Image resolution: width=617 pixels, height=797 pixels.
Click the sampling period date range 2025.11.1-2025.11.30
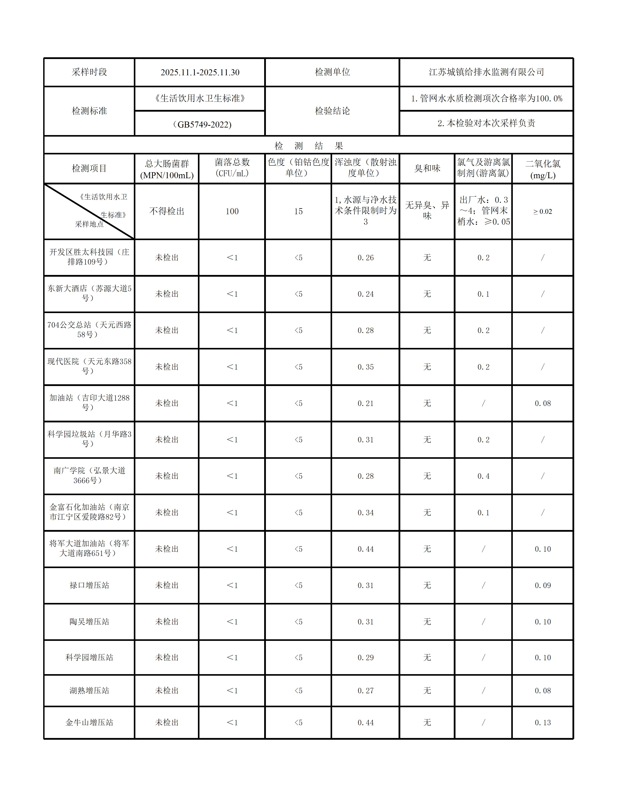click(200, 72)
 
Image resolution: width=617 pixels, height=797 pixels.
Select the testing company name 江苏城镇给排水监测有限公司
click(486, 72)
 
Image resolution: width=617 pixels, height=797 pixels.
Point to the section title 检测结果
click(309, 146)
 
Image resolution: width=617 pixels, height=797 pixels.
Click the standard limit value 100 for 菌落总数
click(232, 211)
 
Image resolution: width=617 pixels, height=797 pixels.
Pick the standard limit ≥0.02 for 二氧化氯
click(542, 211)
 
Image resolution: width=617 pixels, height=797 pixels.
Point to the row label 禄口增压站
click(89, 585)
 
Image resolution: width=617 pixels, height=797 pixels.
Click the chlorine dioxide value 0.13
click(542, 723)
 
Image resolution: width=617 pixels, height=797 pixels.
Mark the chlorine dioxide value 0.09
click(542, 585)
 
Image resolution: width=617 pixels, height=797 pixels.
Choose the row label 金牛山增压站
click(89, 723)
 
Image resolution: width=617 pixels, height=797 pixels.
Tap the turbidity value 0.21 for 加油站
click(365, 403)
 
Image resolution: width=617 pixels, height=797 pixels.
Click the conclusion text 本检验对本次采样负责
click(486, 123)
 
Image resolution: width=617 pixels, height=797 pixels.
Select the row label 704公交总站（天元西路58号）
click(89, 330)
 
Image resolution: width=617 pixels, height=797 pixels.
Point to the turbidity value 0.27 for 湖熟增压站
click(365, 690)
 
